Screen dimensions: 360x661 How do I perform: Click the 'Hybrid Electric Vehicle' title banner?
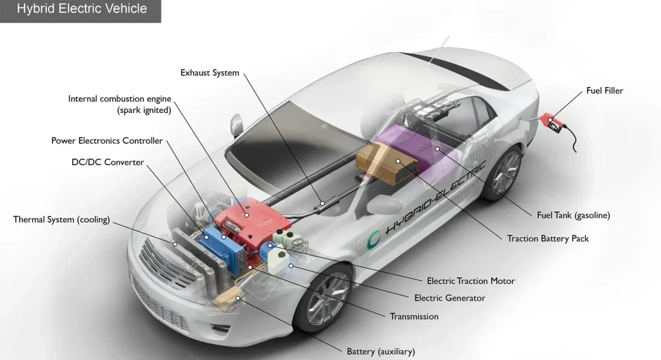click(81, 9)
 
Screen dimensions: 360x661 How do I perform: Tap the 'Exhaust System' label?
click(210, 73)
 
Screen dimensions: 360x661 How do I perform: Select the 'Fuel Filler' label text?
click(604, 91)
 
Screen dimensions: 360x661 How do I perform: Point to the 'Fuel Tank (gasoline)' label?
click(573, 215)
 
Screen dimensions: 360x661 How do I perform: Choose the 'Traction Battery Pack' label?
click(548, 239)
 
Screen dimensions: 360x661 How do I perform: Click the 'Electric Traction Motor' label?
click(471, 281)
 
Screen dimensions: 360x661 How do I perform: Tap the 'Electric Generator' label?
click(449, 298)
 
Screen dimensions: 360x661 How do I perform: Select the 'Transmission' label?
click(414, 317)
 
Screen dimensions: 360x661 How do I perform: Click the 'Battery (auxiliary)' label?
click(380, 352)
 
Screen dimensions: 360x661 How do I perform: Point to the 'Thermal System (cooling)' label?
click(61, 220)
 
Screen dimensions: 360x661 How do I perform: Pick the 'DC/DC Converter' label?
click(107, 163)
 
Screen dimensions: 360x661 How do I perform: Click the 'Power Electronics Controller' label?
click(107, 141)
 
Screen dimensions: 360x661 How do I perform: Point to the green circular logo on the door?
click(374, 240)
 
